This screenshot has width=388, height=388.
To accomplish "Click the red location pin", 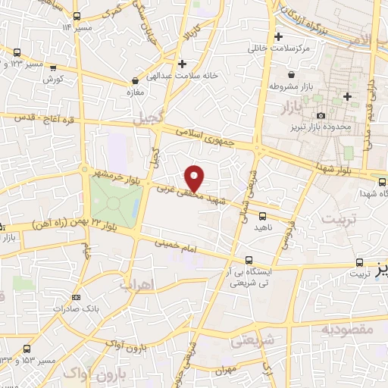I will (x=196, y=177).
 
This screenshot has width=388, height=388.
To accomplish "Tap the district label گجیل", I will (x=149, y=120).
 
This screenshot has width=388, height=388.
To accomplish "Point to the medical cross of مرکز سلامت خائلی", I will (x=279, y=36).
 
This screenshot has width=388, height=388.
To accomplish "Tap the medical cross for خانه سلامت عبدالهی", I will (x=181, y=64).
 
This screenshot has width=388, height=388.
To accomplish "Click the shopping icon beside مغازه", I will (x=135, y=80).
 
